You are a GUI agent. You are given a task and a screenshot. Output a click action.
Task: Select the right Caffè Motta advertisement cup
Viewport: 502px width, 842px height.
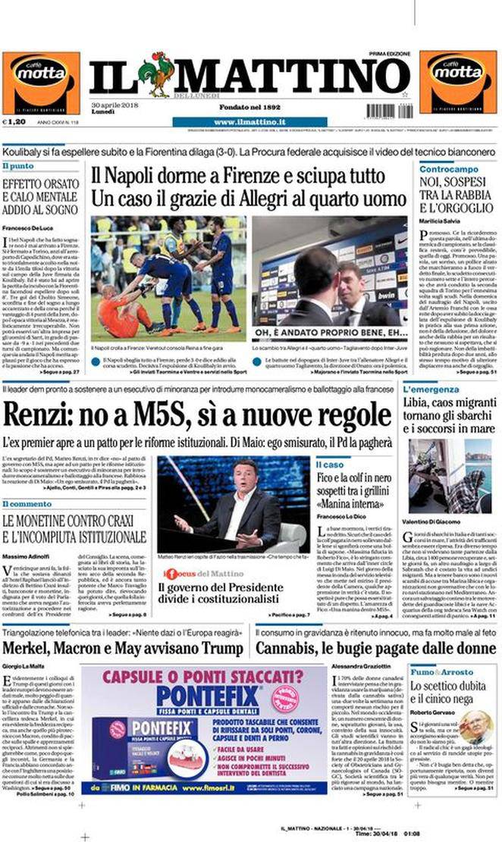pyautogui.click(x=457, y=82)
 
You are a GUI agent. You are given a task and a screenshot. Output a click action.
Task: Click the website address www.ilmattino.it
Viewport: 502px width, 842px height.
pyautogui.click(x=249, y=121)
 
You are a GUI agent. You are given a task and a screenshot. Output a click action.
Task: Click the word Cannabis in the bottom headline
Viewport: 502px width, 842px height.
pyautogui.click(x=292, y=648)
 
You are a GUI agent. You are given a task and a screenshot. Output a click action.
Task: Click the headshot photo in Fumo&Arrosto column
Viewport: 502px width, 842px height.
pyautogui.click(x=475, y=727)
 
